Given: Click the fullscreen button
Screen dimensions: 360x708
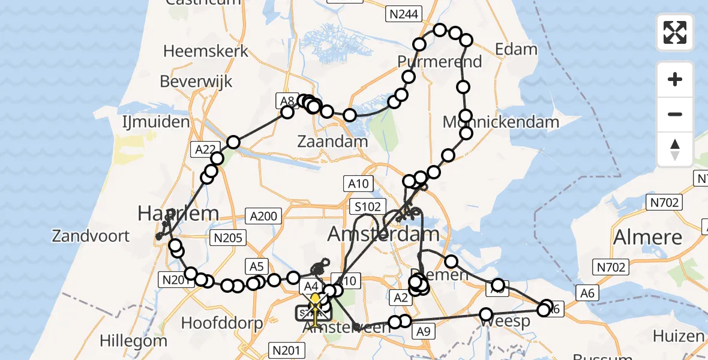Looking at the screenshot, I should click(675, 32).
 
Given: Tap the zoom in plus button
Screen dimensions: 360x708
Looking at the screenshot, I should click(675, 79).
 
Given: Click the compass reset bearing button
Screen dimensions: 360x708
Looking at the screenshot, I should click(675, 149).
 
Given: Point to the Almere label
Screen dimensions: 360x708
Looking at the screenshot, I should click(647, 238).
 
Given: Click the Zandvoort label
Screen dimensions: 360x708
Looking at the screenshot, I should click(91, 235).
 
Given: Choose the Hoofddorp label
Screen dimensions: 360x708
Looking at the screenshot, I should click(222, 323).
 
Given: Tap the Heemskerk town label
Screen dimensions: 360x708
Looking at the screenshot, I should click(206, 52).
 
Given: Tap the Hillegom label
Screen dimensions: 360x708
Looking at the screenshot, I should click(133, 341).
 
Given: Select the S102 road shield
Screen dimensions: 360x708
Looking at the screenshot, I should click(367, 208).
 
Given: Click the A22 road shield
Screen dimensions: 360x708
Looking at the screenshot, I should click(205, 149).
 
